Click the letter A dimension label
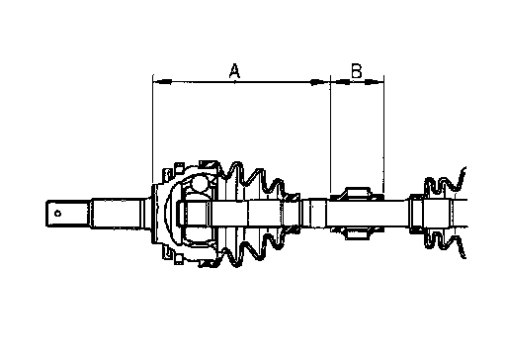coord(234,71)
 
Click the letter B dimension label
coord(356,70)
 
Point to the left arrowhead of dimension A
coord(163,81)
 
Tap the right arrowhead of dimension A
coord(320,81)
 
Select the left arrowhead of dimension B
coord(340,81)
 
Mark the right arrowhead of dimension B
coord(374,81)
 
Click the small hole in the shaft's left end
coord(57,214)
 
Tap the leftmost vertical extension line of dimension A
coord(153,130)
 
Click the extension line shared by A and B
coord(330,135)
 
